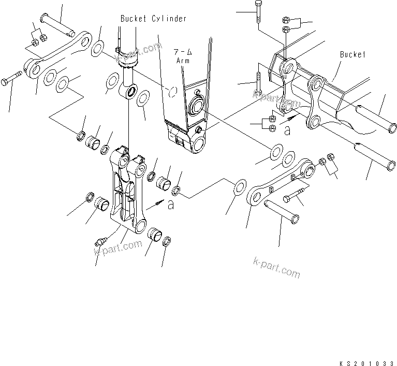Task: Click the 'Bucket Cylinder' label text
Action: [153, 19]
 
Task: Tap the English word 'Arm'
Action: [183, 61]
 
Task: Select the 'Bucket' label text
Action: [353, 54]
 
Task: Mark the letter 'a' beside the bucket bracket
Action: [287, 131]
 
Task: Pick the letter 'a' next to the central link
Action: [171, 206]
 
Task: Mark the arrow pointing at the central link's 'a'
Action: [158, 202]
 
